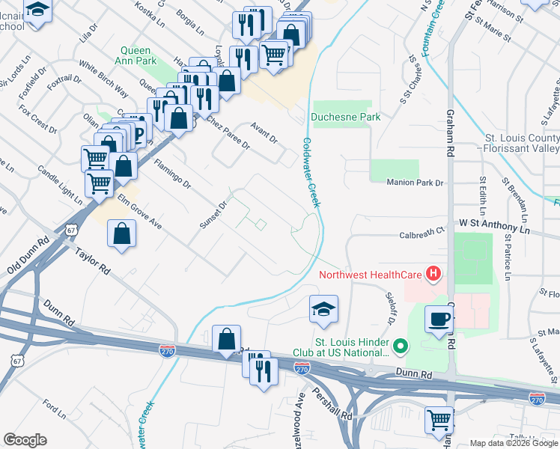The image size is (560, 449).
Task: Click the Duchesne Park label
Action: point(346,117)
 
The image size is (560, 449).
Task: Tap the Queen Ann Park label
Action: point(136,56)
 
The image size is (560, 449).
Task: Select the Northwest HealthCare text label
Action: point(370,274)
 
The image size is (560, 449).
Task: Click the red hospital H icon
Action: point(433,275)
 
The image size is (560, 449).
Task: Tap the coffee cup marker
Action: point(439,320)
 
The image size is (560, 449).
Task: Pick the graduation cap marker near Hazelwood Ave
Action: point(323,309)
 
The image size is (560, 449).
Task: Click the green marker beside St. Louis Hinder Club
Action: point(401,346)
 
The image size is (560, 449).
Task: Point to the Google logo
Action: point(25,440)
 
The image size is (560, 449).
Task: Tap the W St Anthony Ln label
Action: point(494,224)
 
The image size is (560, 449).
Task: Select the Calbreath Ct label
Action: point(421,233)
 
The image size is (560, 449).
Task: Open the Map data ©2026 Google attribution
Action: point(514,443)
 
